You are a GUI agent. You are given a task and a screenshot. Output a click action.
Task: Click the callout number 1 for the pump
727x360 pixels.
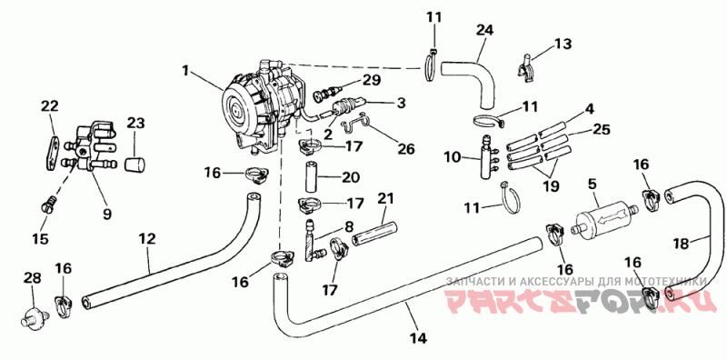tap(185, 71)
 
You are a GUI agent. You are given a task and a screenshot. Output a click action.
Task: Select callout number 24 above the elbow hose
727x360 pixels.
tap(484, 30)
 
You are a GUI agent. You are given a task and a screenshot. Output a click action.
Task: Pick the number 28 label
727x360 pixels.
tap(33, 278)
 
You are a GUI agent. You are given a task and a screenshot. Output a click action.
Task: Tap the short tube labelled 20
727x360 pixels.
tap(312, 177)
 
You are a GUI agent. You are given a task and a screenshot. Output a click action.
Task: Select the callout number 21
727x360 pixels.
tap(385, 198)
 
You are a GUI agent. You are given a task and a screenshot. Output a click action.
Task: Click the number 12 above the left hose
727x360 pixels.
tap(148, 239)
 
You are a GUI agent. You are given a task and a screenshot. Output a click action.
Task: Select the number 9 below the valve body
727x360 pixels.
tap(107, 215)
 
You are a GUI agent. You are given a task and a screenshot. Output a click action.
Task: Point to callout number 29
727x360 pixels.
tap(372, 80)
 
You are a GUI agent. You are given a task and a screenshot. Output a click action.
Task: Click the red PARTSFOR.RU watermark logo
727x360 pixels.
tap(576, 301)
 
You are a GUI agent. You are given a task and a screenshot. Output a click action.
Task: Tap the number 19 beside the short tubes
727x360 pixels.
tap(551, 186)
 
